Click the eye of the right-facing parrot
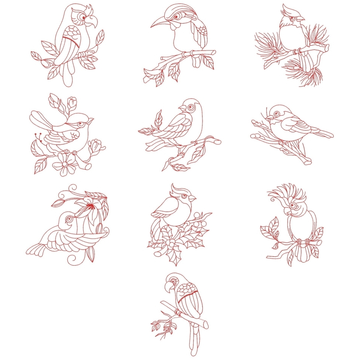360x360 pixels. click(84, 17)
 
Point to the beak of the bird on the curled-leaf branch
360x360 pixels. click(180, 109)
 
